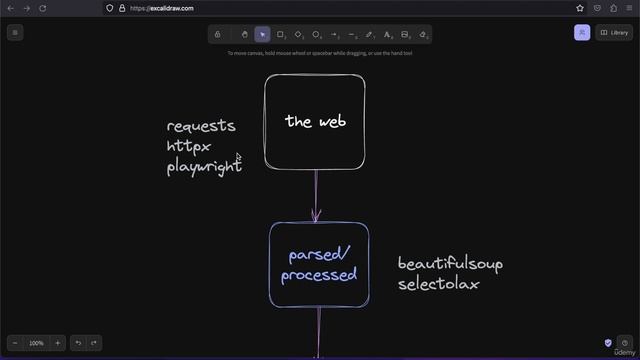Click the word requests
[201, 126]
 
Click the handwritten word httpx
[189, 147]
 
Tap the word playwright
[204, 167]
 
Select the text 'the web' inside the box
[315, 121]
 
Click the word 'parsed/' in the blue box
[319, 255]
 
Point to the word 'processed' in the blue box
[319, 275]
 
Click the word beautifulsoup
[450, 264]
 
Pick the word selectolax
[439, 284]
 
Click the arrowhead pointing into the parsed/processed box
[317, 216]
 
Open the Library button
[615, 33]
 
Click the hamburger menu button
[15, 33]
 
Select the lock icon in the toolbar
[218, 34]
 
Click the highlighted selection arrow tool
[262, 34]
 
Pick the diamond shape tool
[298, 34]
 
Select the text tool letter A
[387, 34]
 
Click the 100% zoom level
[37, 343]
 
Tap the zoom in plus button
[57, 343]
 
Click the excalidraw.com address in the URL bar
[161, 8]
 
